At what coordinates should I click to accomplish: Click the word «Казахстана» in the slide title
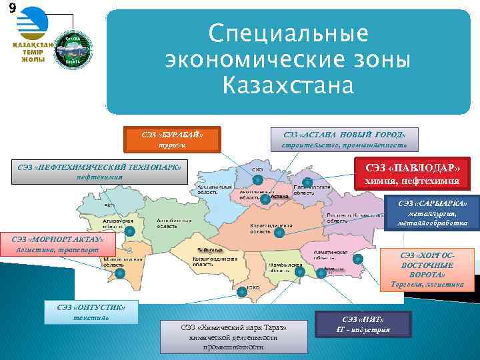tap(288, 85)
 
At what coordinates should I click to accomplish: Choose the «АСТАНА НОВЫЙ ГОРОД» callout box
tap(343, 138)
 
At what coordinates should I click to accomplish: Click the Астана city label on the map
tap(279, 197)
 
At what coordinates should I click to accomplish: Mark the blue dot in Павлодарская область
tap(307, 182)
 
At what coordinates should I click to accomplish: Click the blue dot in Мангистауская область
tap(120, 273)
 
